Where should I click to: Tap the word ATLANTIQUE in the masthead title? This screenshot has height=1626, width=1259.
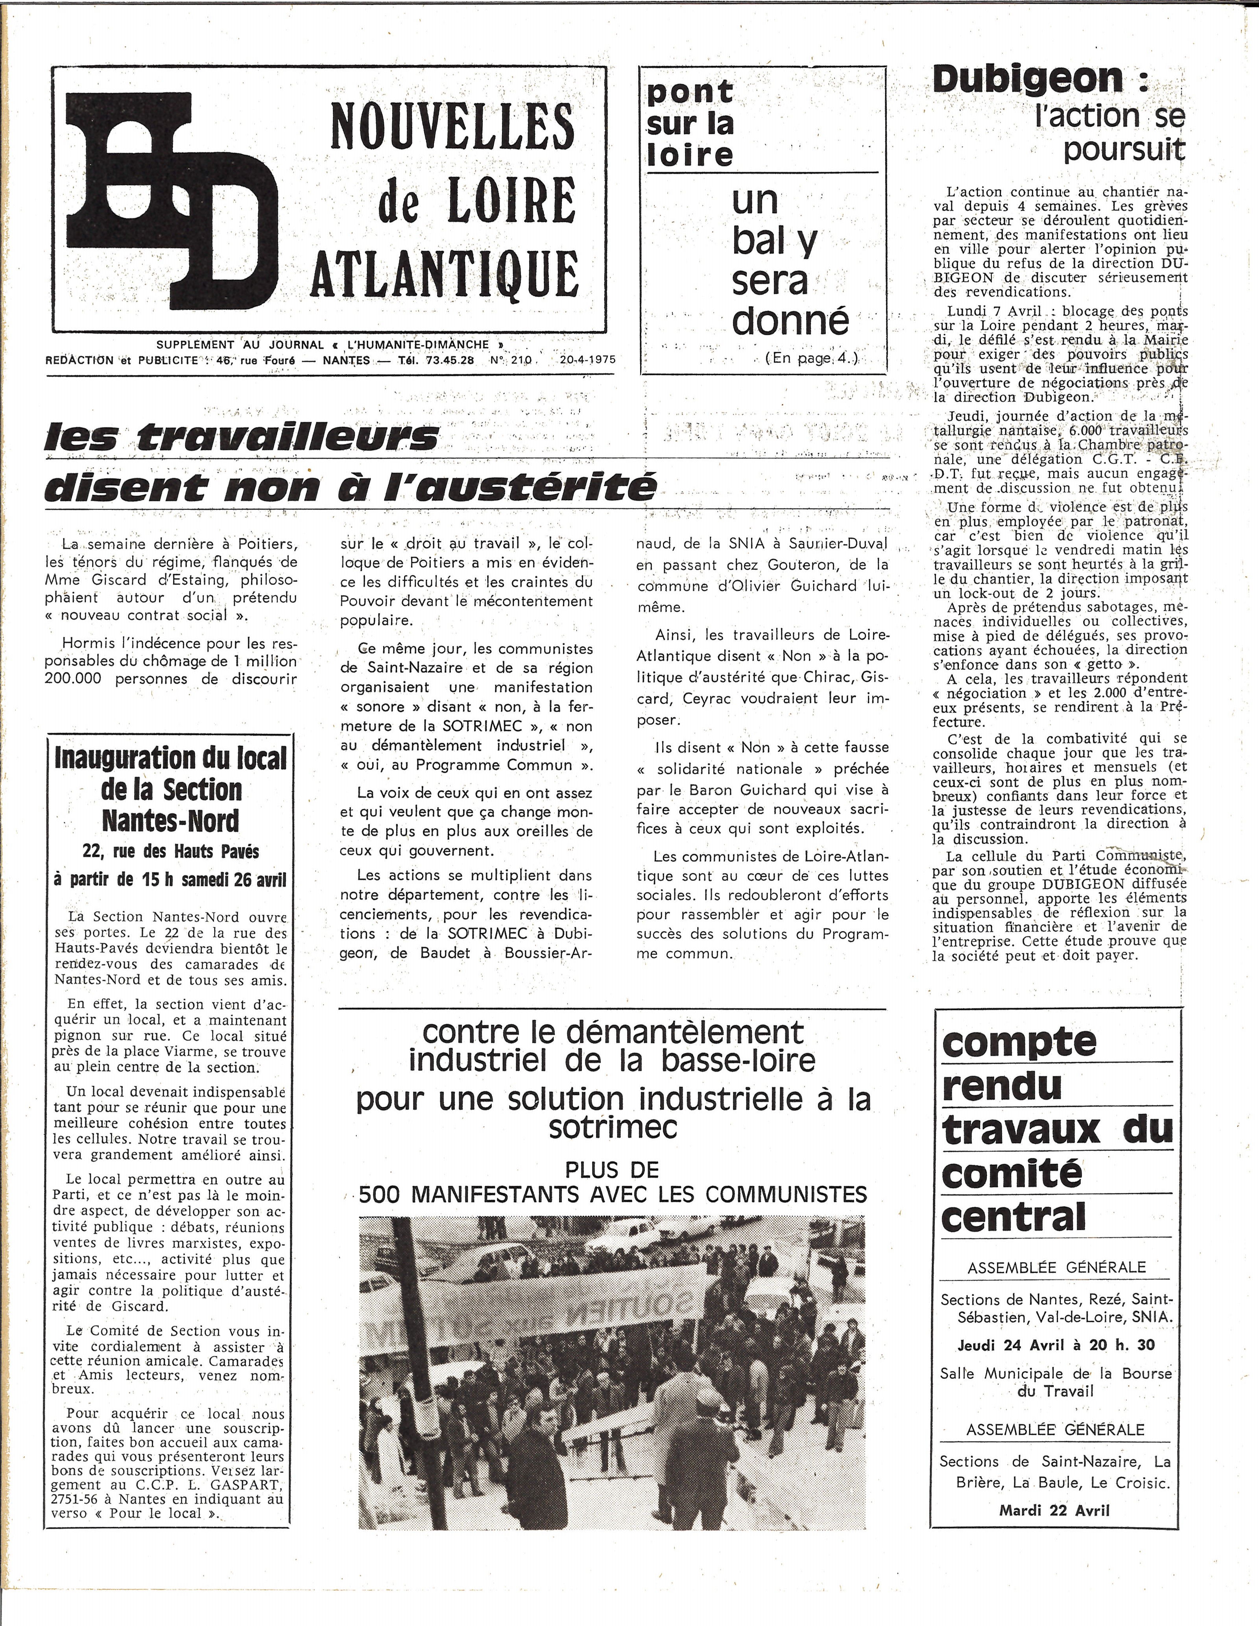pyautogui.click(x=445, y=273)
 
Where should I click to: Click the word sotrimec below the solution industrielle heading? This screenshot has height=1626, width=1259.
pyautogui.click(x=613, y=1127)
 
